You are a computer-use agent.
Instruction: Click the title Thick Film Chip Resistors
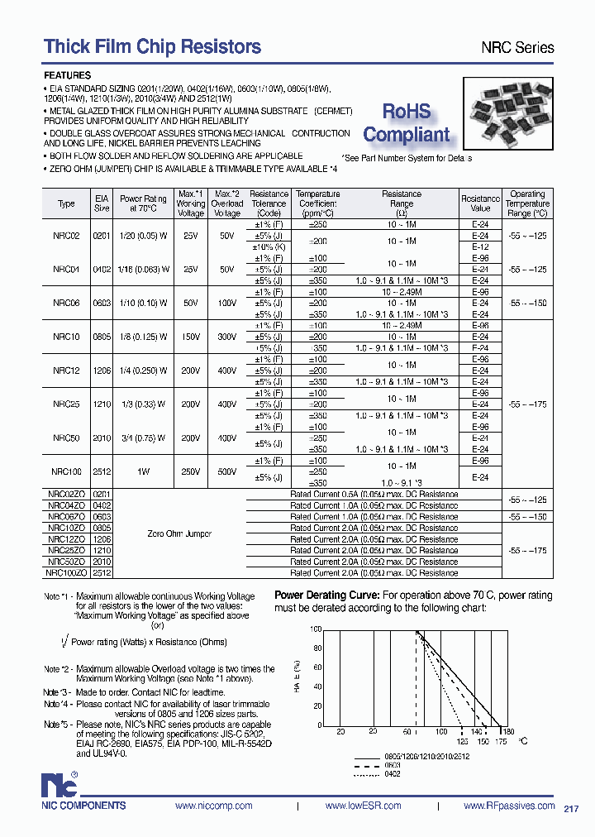(x=152, y=46)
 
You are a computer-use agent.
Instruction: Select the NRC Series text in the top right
(x=517, y=48)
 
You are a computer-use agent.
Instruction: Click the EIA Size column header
(x=101, y=203)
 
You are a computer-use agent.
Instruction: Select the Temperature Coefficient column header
(x=318, y=203)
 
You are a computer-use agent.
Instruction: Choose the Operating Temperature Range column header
(x=527, y=203)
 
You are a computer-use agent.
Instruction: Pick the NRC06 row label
(x=66, y=304)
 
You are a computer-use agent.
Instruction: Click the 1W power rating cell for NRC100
(x=144, y=471)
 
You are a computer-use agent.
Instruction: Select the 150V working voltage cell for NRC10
(x=192, y=337)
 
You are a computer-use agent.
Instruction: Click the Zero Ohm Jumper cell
(x=179, y=533)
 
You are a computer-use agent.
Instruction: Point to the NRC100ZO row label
(x=66, y=572)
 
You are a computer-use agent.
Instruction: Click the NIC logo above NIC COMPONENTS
(x=60, y=784)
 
